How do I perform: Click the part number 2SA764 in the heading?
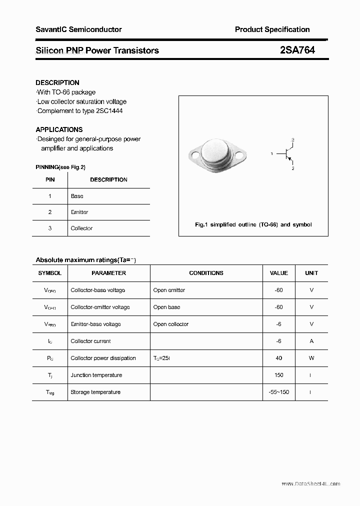[297, 50]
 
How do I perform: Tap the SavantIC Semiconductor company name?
[78, 29]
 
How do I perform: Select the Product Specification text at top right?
[272, 29]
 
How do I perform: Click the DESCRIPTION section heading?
[57, 82]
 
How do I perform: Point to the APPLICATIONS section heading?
[59, 129]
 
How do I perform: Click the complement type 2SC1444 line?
[80, 111]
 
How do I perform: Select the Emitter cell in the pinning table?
[79, 212]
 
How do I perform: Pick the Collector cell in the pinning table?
[81, 228]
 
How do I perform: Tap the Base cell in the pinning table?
[77, 196]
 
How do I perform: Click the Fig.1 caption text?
[253, 224]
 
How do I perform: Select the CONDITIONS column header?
[206, 273]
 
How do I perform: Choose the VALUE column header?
[278, 273]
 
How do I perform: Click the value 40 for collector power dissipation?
[278, 358]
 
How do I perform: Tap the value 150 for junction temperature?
[278, 375]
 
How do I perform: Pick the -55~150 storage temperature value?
[278, 392]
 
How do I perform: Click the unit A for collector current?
[311, 341]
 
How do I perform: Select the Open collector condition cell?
[171, 324]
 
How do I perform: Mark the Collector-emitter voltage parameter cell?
[100, 307]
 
